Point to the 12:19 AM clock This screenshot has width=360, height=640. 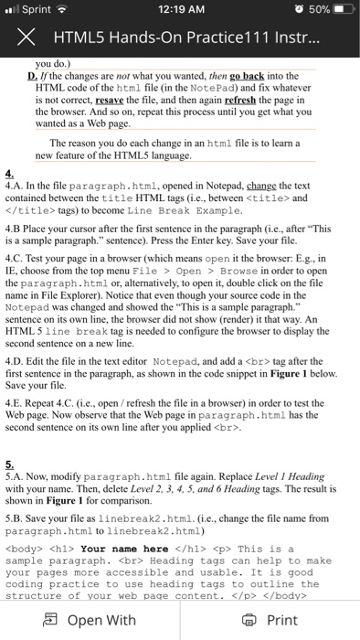(x=180, y=11)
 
